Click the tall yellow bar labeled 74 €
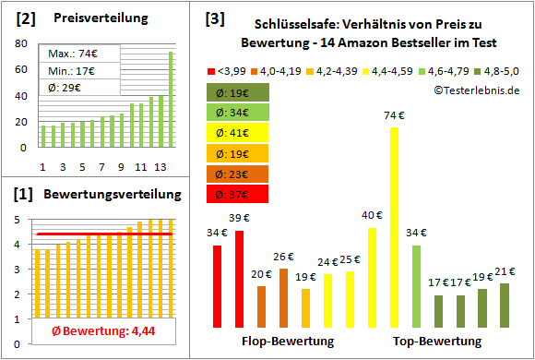tap(395, 226)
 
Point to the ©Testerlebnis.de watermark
tap(472, 89)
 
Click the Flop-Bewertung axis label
tap(287, 342)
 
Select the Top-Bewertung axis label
tap(438, 342)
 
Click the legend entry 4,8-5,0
tap(494, 69)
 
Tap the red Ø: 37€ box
tap(237, 194)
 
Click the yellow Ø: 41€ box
tap(237, 132)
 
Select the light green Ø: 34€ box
tap(237, 112)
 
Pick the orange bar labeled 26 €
tap(284, 298)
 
